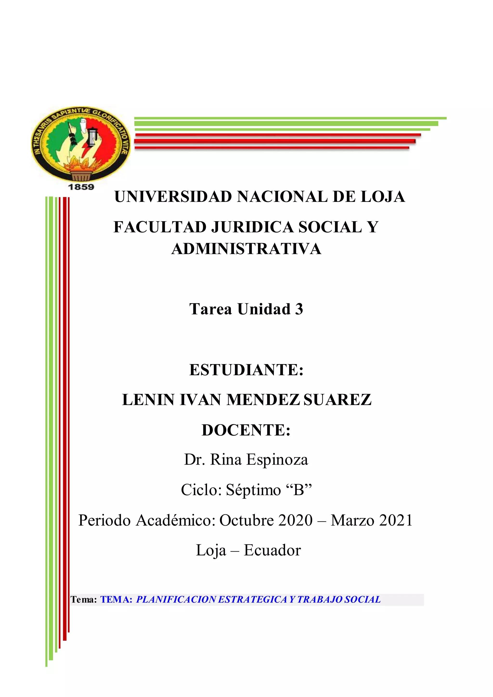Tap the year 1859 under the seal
click(x=81, y=187)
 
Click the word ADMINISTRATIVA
click(x=246, y=249)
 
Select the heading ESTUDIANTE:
click(x=246, y=370)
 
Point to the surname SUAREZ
click(x=337, y=400)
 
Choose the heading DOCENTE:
click(x=246, y=430)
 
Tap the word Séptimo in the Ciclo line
click(x=253, y=490)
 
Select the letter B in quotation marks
click(x=299, y=490)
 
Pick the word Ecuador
click(x=272, y=550)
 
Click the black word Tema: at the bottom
click(x=84, y=600)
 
